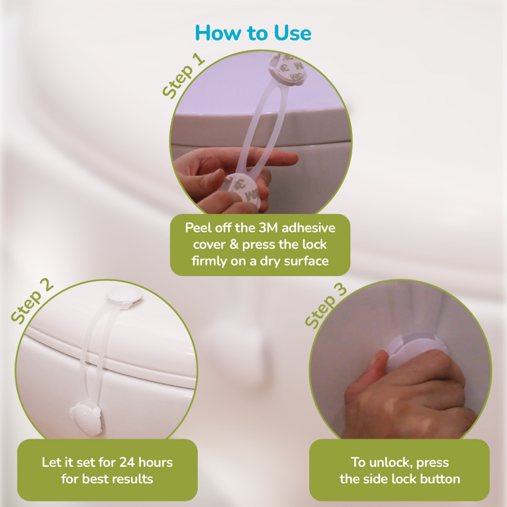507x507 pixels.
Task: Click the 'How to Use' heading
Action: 254,33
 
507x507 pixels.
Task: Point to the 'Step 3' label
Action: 326,306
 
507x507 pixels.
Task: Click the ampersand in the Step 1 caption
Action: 234,245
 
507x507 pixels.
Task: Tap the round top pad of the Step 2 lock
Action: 125,296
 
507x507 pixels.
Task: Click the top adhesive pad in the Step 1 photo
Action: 287,70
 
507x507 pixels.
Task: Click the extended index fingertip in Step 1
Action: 289,158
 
